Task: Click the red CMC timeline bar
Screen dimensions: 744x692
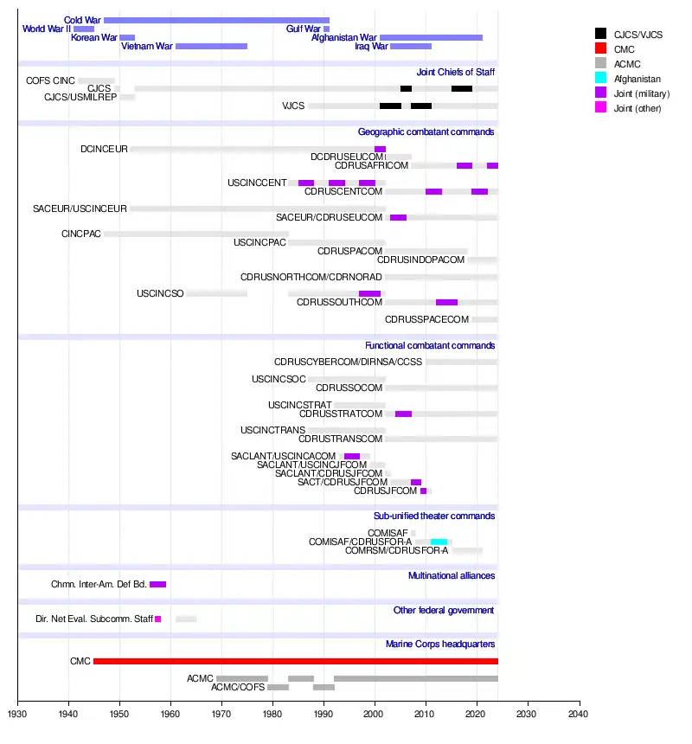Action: coord(295,661)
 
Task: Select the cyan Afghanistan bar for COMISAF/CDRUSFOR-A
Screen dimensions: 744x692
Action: coord(439,542)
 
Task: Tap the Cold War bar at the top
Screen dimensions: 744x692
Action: coord(216,20)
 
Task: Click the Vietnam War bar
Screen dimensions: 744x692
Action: coord(211,47)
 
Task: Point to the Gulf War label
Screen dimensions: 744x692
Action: coord(304,29)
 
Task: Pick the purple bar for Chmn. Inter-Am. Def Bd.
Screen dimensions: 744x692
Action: coord(157,584)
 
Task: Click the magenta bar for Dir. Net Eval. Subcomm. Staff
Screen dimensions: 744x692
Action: coord(158,619)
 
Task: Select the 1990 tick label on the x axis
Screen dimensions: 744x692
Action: coord(324,714)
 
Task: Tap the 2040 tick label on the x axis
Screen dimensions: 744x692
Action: coord(579,714)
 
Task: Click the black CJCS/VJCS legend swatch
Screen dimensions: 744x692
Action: coord(600,34)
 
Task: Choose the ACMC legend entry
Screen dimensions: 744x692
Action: coord(626,64)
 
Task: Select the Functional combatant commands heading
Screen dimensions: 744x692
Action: coord(429,345)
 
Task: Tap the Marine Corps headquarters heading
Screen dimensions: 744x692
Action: coord(439,644)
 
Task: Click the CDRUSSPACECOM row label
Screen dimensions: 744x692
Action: coord(426,319)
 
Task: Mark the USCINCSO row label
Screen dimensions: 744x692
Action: coord(160,293)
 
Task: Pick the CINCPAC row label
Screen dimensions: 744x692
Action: coord(81,234)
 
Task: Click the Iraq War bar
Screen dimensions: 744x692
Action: coord(411,47)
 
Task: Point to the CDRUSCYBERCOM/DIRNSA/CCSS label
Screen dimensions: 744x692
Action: coord(348,361)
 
